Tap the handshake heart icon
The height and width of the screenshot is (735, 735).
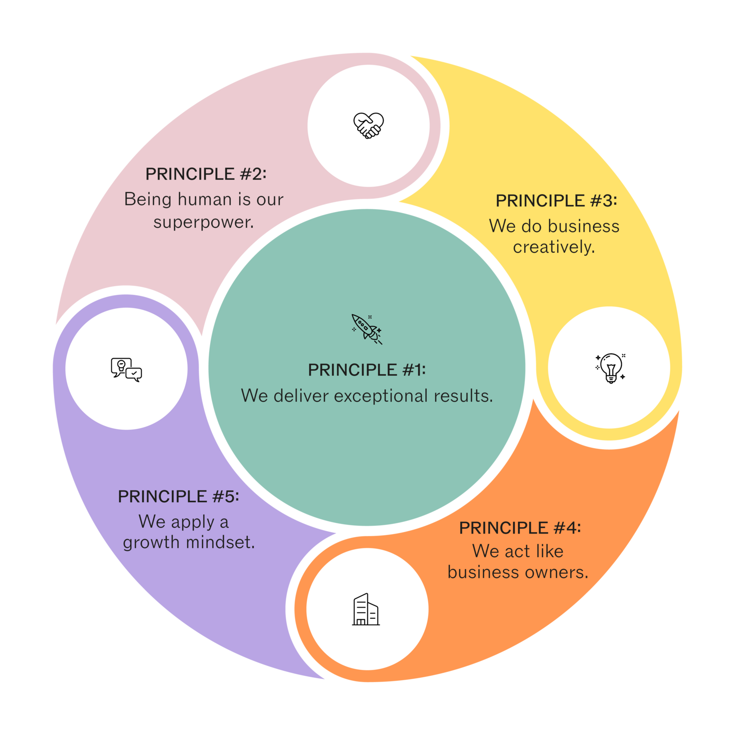pyautogui.click(x=368, y=125)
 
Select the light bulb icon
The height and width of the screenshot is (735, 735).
pyautogui.click(x=611, y=367)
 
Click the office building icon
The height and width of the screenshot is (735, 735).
pyautogui.click(x=366, y=610)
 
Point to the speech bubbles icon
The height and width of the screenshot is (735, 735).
pyautogui.click(x=126, y=369)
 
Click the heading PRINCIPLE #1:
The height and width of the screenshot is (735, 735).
pyautogui.click(x=367, y=370)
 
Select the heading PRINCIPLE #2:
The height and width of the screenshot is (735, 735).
pyautogui.click(x=206, y=174)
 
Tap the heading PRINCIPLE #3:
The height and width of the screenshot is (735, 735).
pyautogui.click(x=556, y=201)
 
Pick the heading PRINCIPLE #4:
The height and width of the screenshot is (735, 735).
pyautogui.click(x=519, y=528)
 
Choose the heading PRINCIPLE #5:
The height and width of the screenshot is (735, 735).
pyautogui.click(x=178, y=496)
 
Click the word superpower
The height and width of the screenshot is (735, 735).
pyautogui.click(x=203, y=222)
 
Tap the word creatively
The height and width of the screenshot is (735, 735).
pyautogui.click(x=554, y=247)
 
